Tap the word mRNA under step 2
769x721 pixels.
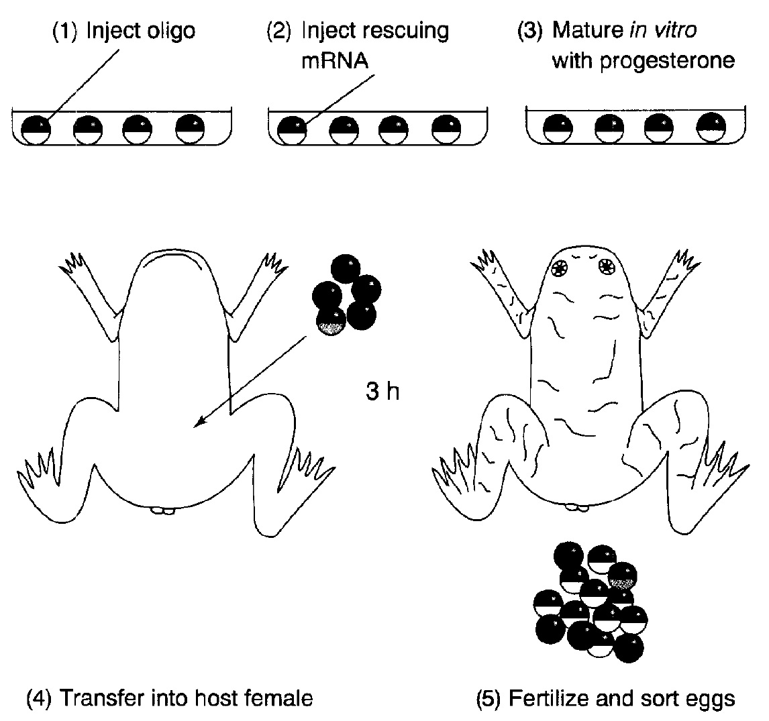(x=335, y=61)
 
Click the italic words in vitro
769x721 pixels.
(x=662, y=30)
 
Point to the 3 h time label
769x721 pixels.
(x=382, y=392)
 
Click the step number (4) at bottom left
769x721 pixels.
(x=39, y=698)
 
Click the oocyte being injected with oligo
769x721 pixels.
(x=36, y=130)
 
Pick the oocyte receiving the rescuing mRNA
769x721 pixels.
(x=292, y=130)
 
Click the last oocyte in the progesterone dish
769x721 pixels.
(x=711, y=127)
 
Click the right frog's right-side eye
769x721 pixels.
(x=607, y=267)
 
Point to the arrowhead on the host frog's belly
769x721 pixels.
(x=199, y=423)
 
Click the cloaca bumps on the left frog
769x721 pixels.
(x=162, y=510)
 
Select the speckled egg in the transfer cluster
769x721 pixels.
(x=331, y=321)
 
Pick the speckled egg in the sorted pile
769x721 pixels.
(x=622, y=577)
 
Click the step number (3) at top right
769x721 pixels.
(x=529, y=31)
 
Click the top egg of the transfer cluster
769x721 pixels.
(x=346, y=268)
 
